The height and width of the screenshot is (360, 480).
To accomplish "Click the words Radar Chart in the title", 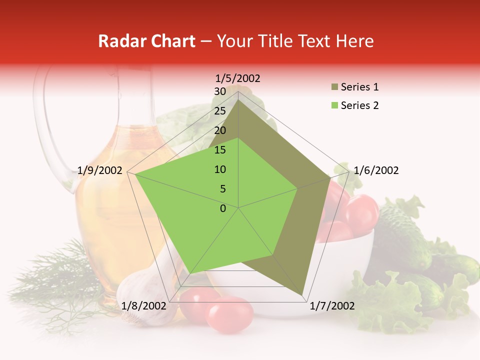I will [146, 41].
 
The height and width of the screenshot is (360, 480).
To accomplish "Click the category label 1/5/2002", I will [238, 78].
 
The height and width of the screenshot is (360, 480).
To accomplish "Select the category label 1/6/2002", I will [376, 170].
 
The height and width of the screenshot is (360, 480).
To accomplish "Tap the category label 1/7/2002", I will [332, 306].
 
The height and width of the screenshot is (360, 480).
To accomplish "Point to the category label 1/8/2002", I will [144, 306].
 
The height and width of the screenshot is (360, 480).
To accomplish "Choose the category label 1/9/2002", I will [100, 170].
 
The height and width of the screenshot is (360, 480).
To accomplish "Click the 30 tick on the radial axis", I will [220, 91].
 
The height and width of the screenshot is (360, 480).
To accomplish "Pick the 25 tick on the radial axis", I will [220, 111].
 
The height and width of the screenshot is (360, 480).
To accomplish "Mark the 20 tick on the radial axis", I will [220, 130].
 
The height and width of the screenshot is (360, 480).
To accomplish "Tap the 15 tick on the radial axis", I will [220, 150].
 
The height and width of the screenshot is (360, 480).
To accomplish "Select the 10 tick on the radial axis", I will [220, 169].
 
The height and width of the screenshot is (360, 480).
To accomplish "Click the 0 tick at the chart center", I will [223, 208].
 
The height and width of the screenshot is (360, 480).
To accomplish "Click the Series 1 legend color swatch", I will [333, 87].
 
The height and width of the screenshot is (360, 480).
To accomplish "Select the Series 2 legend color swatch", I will [333, 105].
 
